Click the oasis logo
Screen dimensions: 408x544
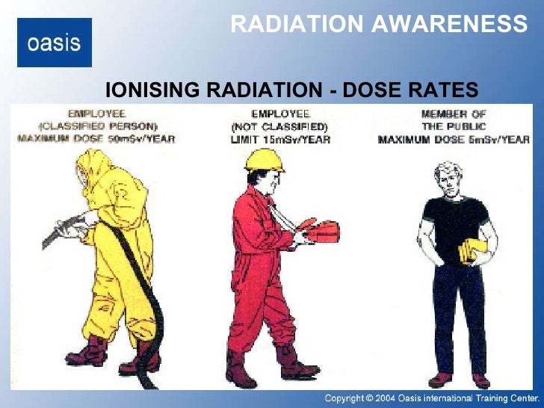pyautogui.click(x=54, y=43)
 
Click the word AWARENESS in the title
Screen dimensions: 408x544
pyautogui.click(x=449, y=25)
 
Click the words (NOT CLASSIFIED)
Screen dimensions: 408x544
pyautogui.click(x=280, y=126)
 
